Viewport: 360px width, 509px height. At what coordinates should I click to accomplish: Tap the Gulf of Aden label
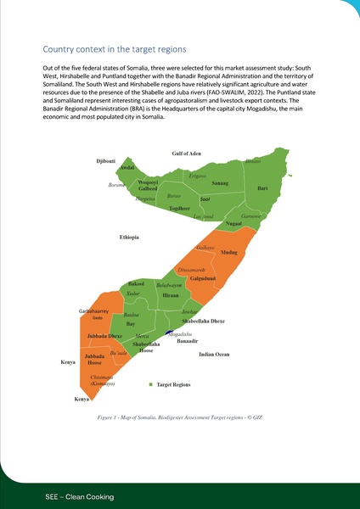click(186, 153)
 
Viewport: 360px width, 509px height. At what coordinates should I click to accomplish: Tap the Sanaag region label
click(220, 183)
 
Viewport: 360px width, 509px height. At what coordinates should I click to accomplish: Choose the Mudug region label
click(228, 253)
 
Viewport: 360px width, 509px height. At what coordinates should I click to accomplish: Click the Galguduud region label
click(202, 278)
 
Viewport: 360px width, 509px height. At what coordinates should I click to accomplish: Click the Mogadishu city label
click(180, 334)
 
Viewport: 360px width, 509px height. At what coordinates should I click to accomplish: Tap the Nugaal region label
click(234, 222)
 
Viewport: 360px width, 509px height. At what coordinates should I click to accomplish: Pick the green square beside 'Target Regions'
click(150, 385)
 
